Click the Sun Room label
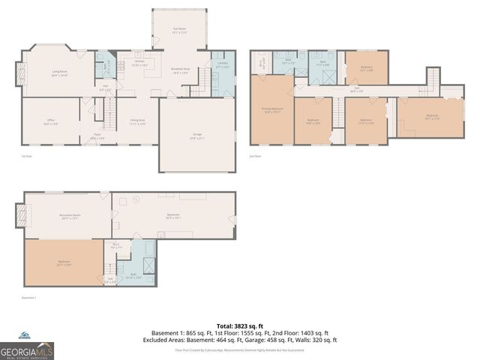tap(180, 31)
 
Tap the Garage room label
tap(197, 136)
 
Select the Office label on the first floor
tap(50, 122)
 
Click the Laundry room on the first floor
tap(222, 74)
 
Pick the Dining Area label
tap(137, 121)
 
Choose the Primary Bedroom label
tap(271, 112)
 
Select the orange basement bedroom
tap(64, 262)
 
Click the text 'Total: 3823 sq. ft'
tap(239, 325)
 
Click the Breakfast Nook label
tap(181, 71)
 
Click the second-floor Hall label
tap(356, 91)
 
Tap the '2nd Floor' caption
tap(256, 156)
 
